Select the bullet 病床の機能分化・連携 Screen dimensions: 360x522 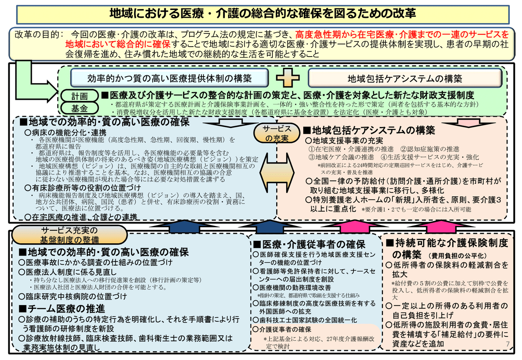point(66,132)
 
